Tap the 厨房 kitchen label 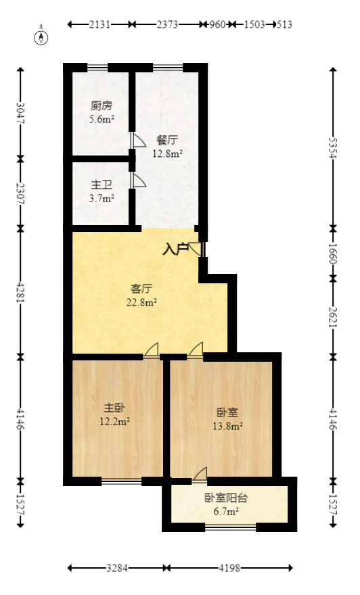[102, 106]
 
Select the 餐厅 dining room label [167, 141]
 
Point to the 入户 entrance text [175, 249]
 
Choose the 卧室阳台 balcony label [227, 498]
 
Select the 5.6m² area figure [102, 120]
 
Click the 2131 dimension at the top [99, 25]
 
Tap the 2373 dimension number [167, 25]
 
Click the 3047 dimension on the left [20, 112]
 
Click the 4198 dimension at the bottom [229, 568]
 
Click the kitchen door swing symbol [137, 141]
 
